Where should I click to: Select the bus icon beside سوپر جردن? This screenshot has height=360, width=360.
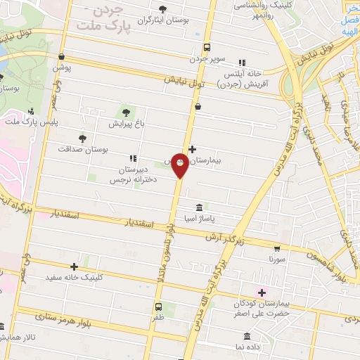tap(206, 47)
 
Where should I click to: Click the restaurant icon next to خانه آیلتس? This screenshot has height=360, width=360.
tap(243, 63)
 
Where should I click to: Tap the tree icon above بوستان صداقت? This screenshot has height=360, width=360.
tap(83, 138)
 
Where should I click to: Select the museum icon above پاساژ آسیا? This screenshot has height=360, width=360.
tap(200, 207)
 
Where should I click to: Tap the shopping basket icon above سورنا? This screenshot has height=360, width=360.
tap(277, 248)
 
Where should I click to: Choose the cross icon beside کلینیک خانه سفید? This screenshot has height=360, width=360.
tap(74, 266)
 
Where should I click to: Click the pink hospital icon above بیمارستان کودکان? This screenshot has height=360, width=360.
tap(262, 292)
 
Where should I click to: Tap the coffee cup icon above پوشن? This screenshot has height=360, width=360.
tap(62, 57)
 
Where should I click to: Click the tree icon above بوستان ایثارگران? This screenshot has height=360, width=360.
tap(163, 9)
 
